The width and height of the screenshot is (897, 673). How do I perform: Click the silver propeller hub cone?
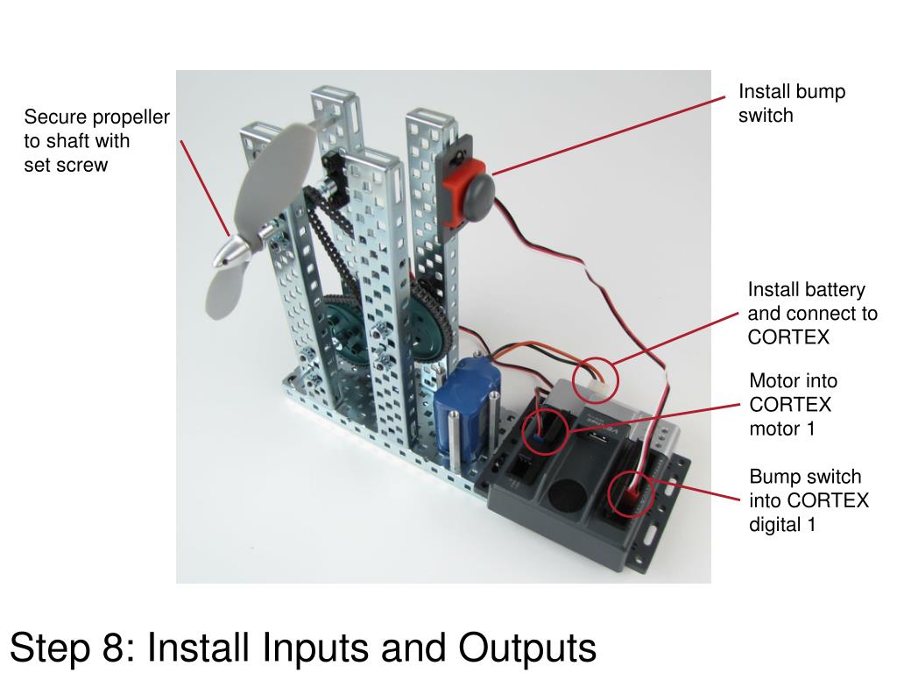click(x=230, y=254)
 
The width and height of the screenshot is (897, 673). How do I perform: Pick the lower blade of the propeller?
click(x=223, y=294)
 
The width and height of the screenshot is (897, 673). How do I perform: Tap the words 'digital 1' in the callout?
click(x=781, y=525)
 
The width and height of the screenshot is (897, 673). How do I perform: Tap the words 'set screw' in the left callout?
click(x=66, y=165)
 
